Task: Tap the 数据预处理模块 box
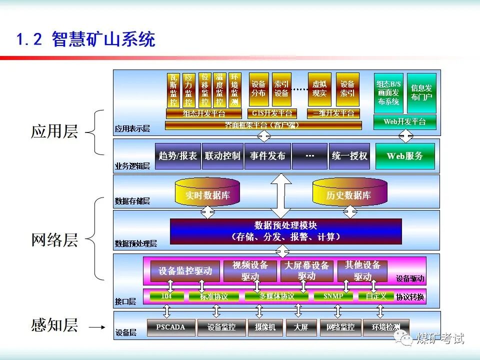click(x=285, y=231)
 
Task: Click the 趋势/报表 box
click(x=177, y=156)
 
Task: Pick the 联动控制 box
click(x=222, y=156)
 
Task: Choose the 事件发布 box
click(x=267, y=156)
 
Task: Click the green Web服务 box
click(x=405, y=156)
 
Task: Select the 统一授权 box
click(x=349, y=156)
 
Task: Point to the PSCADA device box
click(x=170, y=327)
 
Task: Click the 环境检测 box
click(x=385, y=327)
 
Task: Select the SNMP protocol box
click(x=333, y=296)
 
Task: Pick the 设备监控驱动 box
click(x=185, y=271)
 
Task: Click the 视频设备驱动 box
click(x=250, y=270)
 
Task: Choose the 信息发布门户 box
click(x=421, y=92)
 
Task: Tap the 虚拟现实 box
click(x=319, y=89)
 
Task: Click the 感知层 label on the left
click(x=54, y=325)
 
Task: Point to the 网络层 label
click(x=54, y=240)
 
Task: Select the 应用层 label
click(x=54, y=132)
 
